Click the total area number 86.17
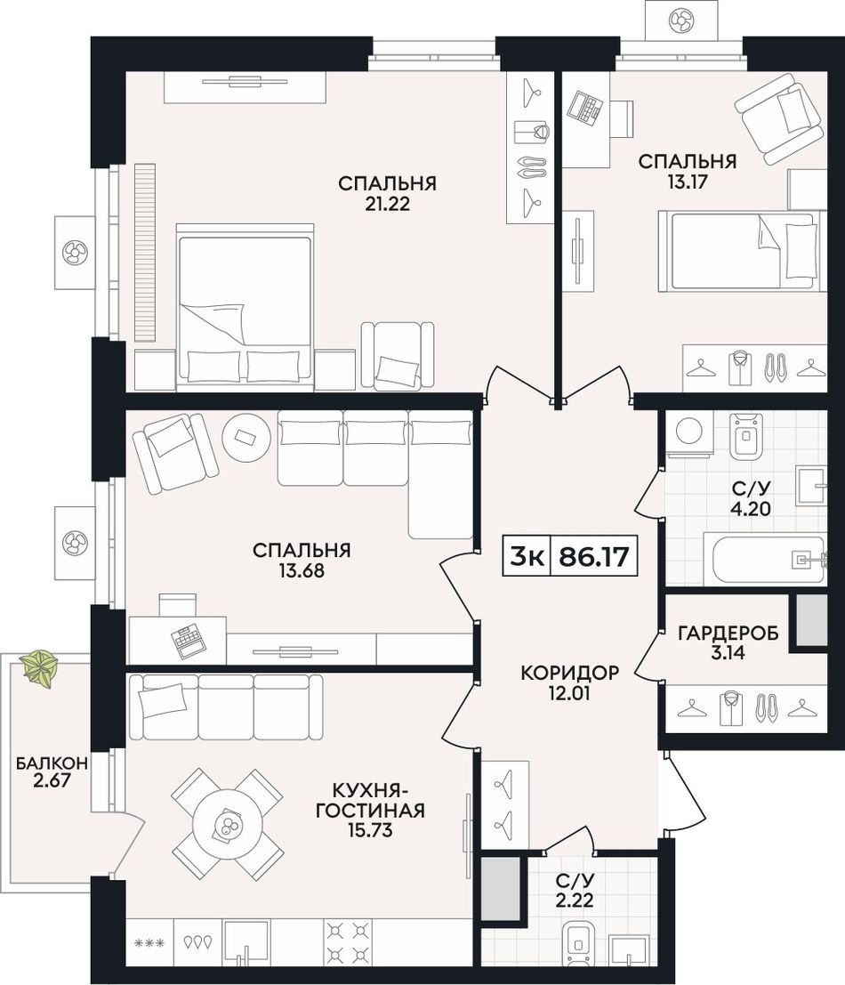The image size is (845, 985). pos(593,557)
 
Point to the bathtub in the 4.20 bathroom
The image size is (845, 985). pos(769,559)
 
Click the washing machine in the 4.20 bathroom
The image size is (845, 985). pos(689,432)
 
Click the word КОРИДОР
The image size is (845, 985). pos(570,673)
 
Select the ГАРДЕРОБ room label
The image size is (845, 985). pos(728,634)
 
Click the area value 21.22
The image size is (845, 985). pos(387,204)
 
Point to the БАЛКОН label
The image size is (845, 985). pos(52,763)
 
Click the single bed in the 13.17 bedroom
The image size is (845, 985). pos(738,251)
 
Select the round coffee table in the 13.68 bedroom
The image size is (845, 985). pos(246,438)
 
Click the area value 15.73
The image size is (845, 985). pos(370,830)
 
